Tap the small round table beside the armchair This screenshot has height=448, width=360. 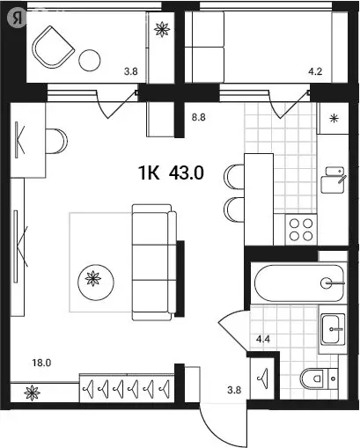[90, 60]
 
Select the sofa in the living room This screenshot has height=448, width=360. [151, 261]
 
